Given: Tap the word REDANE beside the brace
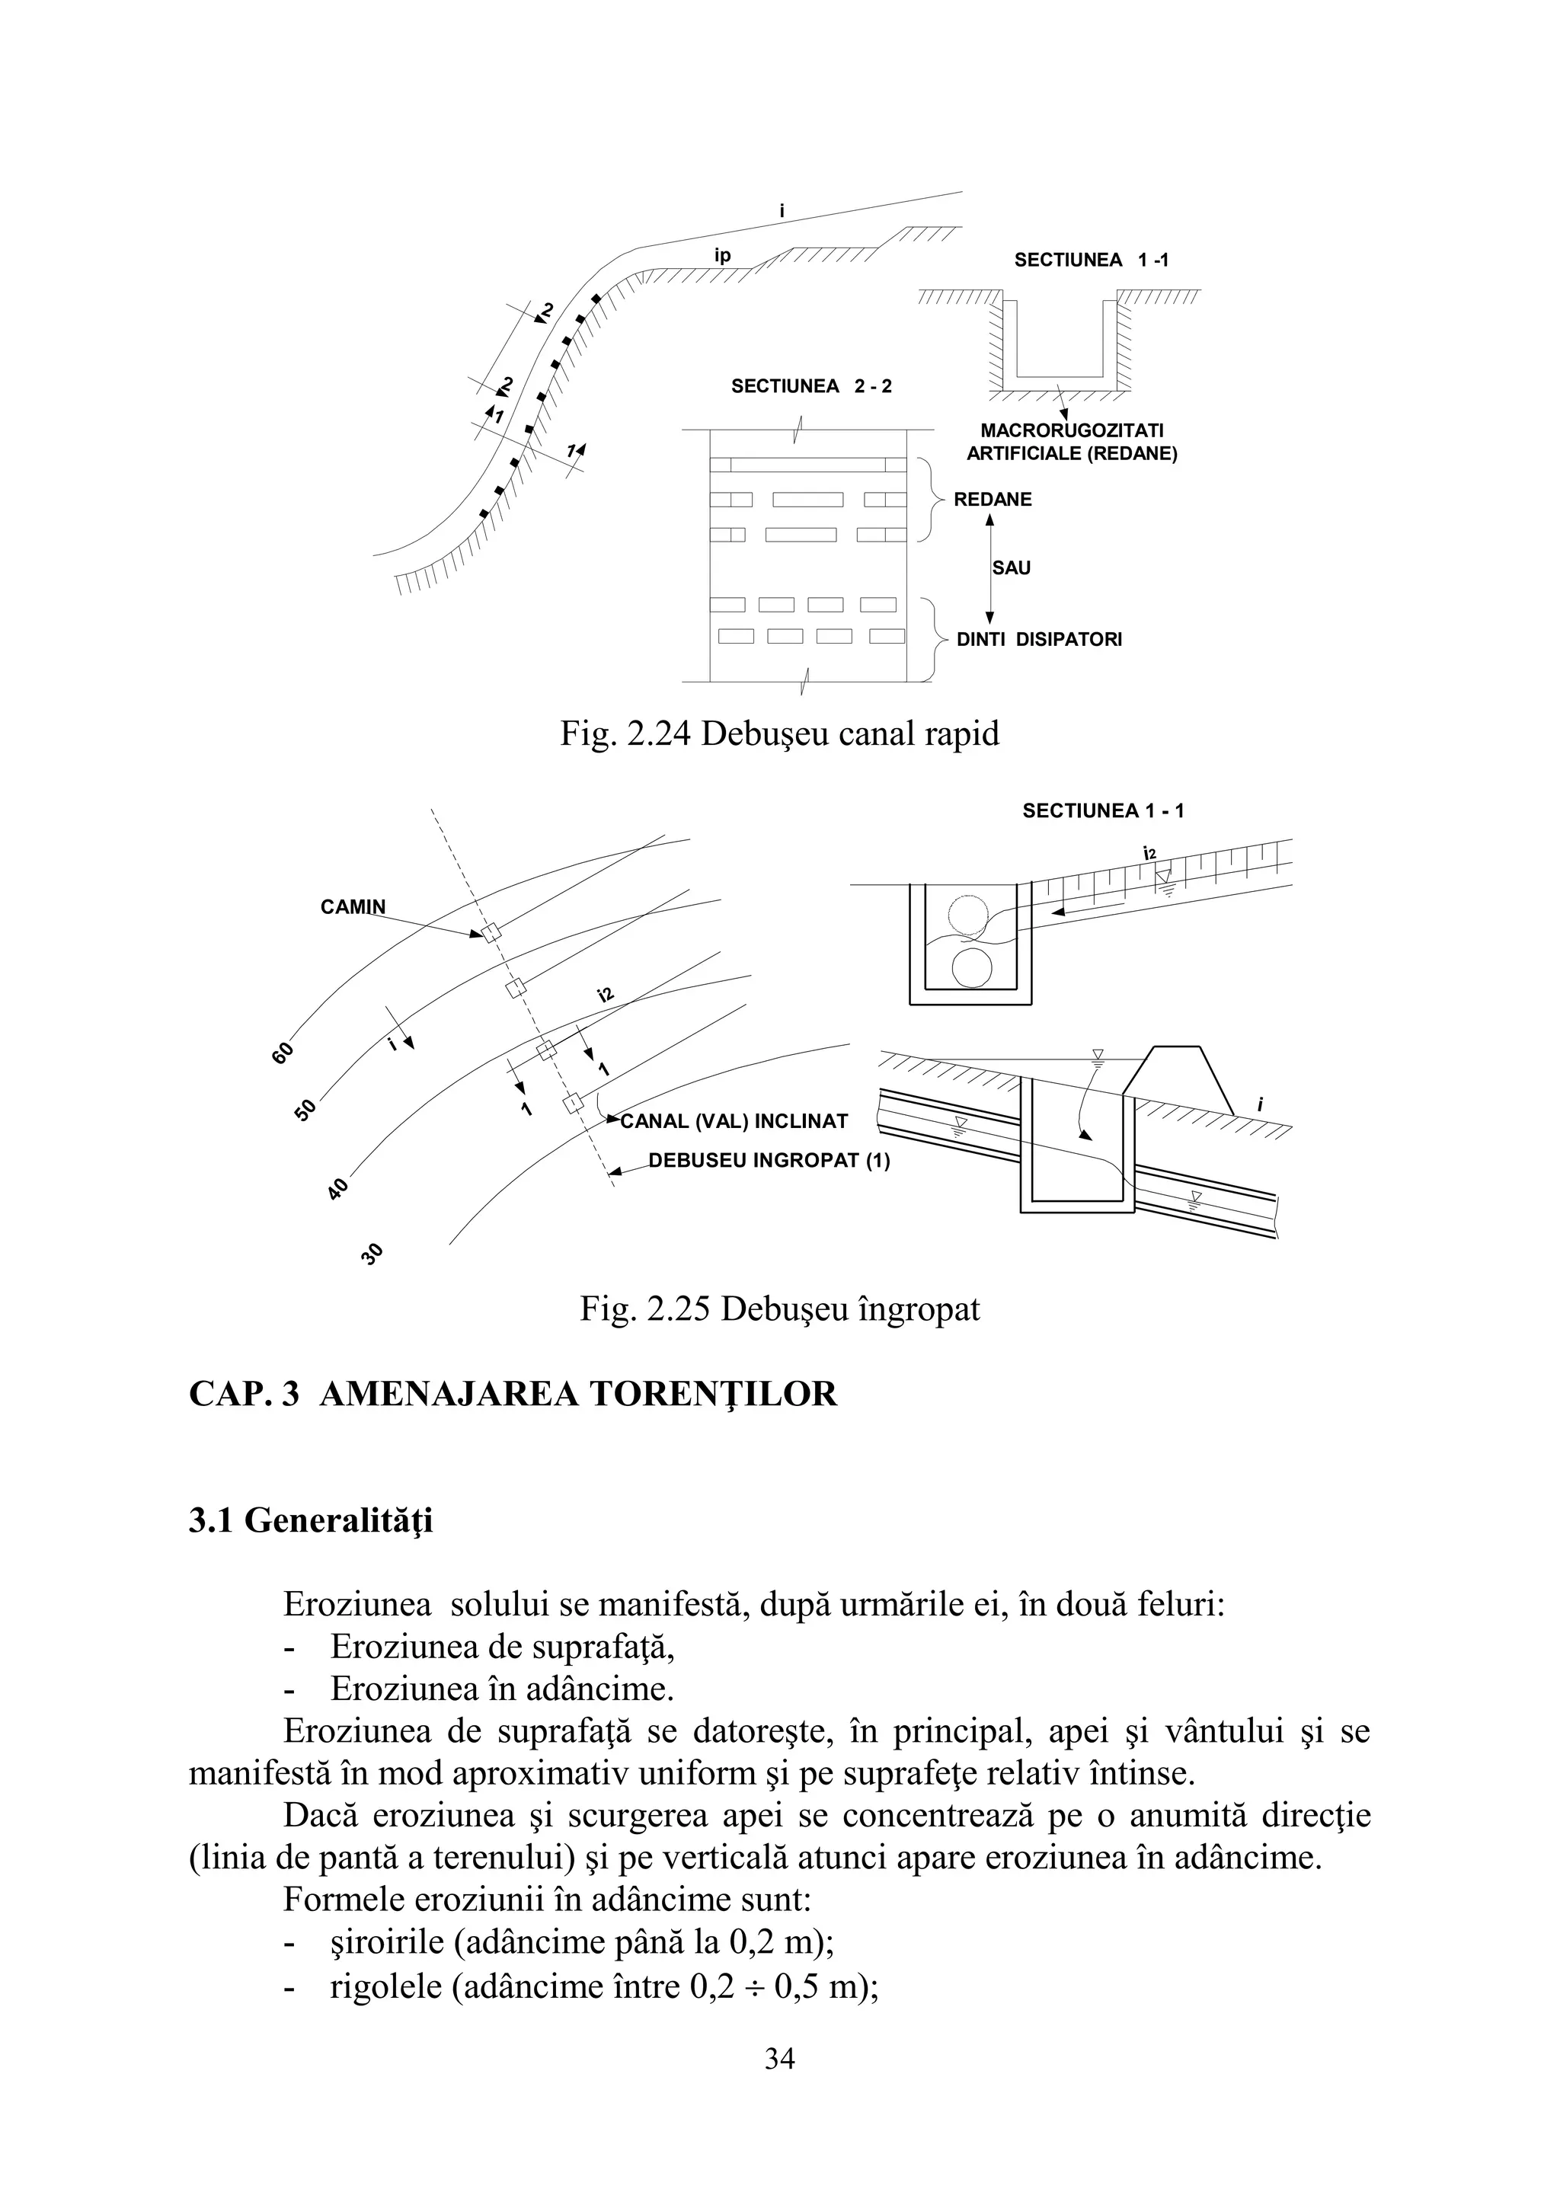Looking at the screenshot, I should pyautogui.click(x=993, y=500).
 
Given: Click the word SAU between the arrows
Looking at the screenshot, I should pyautogui.click(x=1011, y=568).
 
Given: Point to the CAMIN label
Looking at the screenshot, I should pyautogui.click(x=353, y=906).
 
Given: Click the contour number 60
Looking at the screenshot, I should pyautogui.click(x=283, y=1053).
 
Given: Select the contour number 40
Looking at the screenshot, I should pyautogui.click(x=337, y=1190).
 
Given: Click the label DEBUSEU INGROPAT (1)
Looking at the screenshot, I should pyautogui.click(x=769, y=1160).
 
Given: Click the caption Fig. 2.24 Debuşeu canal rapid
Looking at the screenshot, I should pyautogui.click(x=779, y=733).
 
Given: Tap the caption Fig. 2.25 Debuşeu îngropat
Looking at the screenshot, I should pyautogui.click(x=779, y=1309).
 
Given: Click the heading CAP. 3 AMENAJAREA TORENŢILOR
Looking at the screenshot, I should pyautogui.click(x=513, y=1394).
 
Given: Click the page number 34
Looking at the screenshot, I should pyautogui.click(x=779, y=2058).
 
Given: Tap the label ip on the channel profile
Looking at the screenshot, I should pyautogui.click(x=722, y=255).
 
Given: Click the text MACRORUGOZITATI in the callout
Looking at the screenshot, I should pyautogui.click(x=1071, y=431).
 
